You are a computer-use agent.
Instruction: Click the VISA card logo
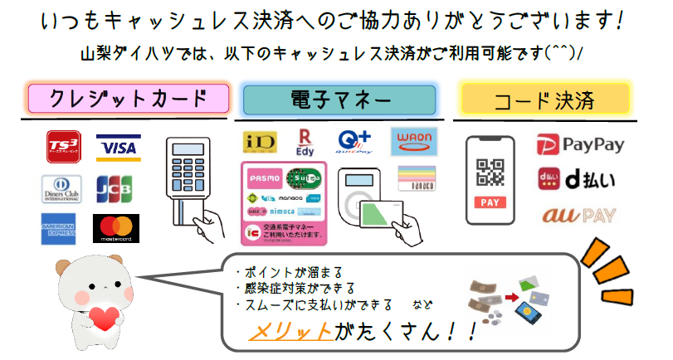point(118,148)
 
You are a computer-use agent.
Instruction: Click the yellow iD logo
point(259,143)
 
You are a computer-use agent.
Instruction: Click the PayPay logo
point(580,144)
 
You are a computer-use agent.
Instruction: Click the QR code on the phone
point(490,172)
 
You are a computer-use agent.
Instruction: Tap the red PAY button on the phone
point(490,202)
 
